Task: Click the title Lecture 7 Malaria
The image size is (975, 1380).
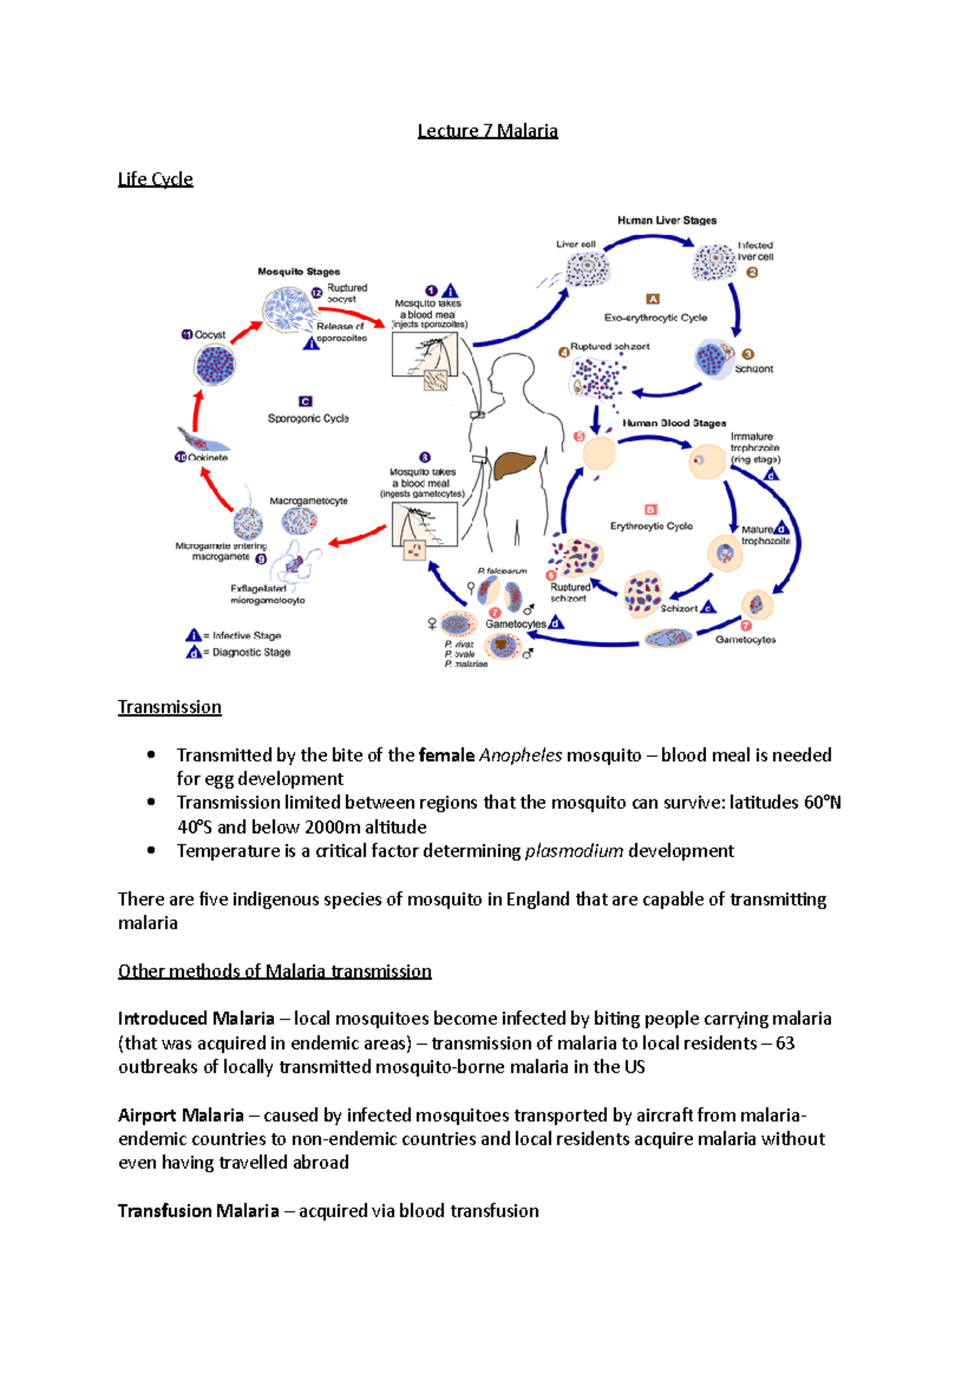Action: (487, 131)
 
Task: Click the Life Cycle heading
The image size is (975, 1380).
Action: (155, 179)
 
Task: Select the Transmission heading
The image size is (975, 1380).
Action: (169, 707)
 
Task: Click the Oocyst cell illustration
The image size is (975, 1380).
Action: (214, 365)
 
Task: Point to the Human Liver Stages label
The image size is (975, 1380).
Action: (666, 220)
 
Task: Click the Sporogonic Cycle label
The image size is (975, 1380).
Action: (308, 419)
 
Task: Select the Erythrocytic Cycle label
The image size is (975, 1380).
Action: (651, 526)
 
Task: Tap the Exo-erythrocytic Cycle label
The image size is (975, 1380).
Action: (655, 318)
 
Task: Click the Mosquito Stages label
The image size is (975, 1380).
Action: (298, 271)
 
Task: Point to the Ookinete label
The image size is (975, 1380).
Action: (207, 458)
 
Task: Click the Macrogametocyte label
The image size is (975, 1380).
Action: (308, 501)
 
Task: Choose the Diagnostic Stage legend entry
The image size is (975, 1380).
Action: (250, 652)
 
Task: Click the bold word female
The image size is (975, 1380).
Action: (446, 755)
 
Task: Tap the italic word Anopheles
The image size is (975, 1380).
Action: (520, 755)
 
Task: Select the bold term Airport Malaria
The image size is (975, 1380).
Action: (180, 1115)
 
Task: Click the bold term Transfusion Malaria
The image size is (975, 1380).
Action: (198, 1211)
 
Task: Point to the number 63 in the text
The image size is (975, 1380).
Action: (785, 1043)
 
